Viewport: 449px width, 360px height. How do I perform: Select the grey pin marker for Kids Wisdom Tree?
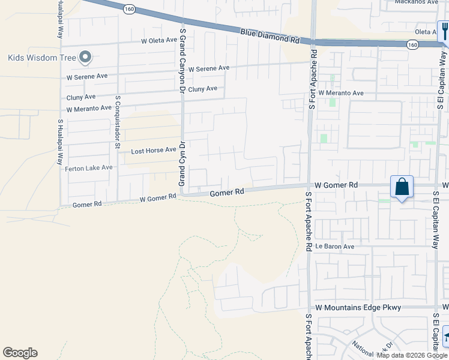point(85,58)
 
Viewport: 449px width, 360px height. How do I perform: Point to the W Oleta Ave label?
point(159,41)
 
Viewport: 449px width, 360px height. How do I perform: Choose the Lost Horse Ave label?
point(154,150)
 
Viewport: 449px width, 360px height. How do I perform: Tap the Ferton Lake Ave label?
point(89,168)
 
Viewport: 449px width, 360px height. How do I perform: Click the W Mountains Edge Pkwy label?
point(358,307)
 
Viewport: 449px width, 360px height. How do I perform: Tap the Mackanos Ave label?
point(417,2)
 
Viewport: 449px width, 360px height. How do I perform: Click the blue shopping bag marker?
point(402,187)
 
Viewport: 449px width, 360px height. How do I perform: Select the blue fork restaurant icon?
point(445,30)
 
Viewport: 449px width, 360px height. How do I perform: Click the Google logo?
point(20,353)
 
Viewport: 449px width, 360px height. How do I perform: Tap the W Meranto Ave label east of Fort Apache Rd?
point(341,93)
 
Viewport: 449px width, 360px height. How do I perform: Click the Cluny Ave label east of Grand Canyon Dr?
point(202,89)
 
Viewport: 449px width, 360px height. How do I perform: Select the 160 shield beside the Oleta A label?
point(412,44)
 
